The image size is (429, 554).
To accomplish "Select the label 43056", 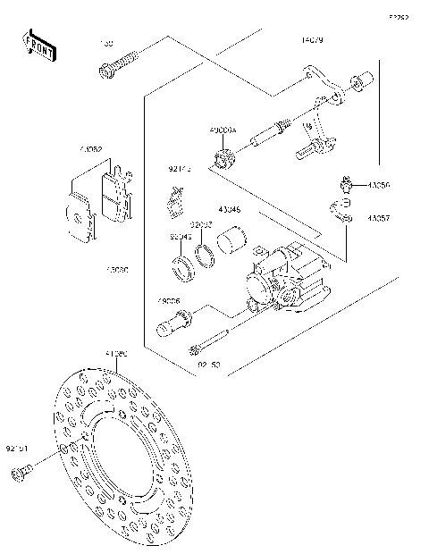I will (378, 186).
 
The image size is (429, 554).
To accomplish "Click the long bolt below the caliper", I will (211, 341).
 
